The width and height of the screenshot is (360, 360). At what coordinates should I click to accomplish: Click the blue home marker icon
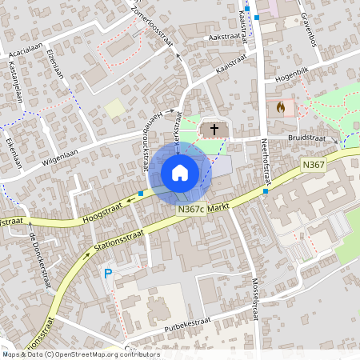[x=179, y=173]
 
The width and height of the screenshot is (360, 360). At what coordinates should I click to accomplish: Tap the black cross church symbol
[x=214, y=129]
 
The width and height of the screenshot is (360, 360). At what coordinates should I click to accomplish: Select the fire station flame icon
[x=280, y=106]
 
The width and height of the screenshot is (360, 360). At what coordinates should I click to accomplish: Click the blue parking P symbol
[x=109, y=274]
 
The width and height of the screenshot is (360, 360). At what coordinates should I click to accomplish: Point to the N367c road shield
[x=190, y=209]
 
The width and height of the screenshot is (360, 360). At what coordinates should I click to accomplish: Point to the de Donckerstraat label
[x=39, y=255]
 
